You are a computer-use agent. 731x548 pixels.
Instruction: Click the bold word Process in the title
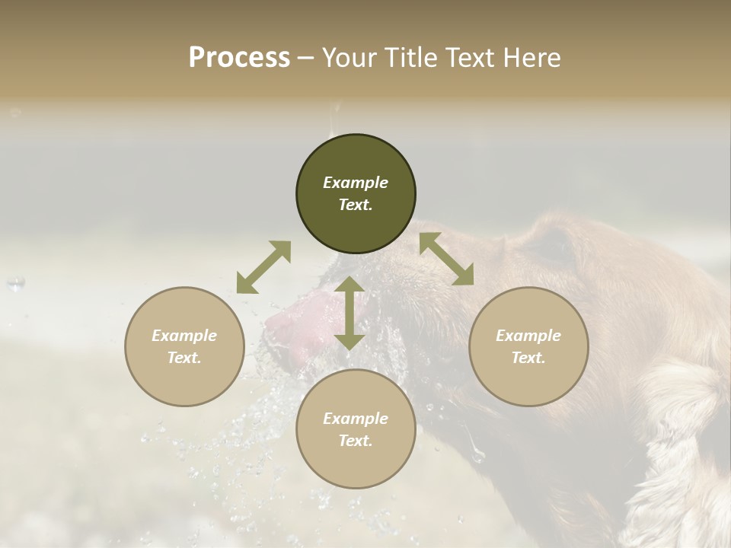pos(239,57)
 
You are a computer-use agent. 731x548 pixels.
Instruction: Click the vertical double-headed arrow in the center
pos(350,313)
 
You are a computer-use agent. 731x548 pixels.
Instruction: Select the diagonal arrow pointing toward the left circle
pos(263,267)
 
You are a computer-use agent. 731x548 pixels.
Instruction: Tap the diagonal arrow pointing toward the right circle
pos(446,259)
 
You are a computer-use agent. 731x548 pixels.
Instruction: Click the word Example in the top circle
pos(356,183)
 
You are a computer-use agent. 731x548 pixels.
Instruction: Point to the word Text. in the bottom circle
pos(356,441)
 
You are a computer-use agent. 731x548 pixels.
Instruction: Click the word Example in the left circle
pos(184,336)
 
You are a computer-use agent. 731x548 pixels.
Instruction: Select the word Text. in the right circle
pos(528,358)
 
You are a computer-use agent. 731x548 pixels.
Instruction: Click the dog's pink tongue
pos(301,323)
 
